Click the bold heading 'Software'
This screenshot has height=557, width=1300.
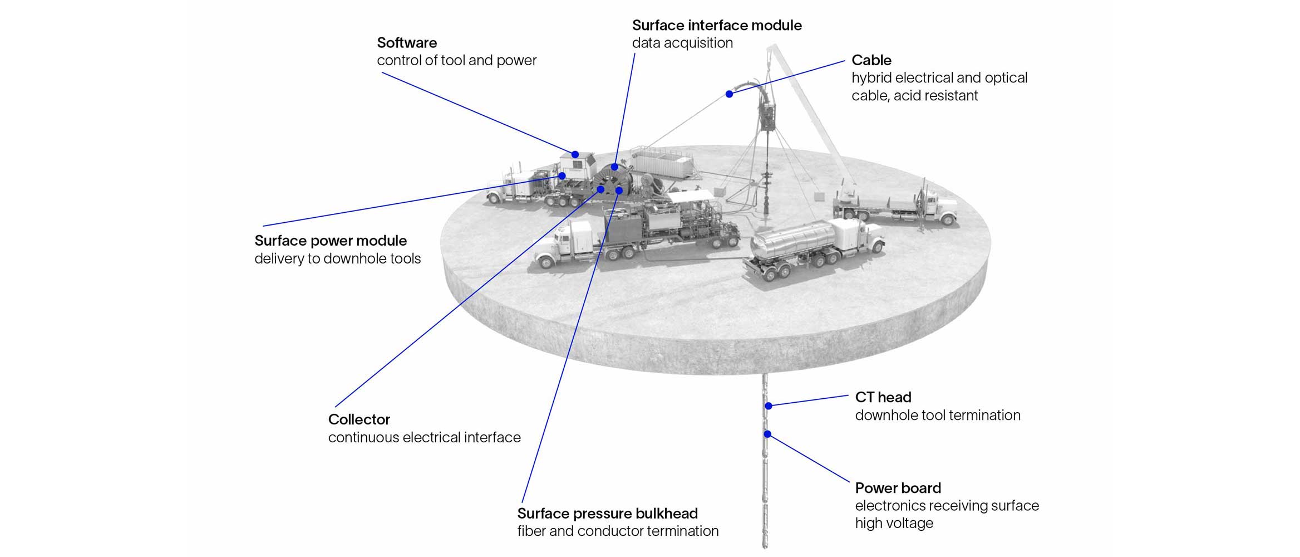pos(407,43)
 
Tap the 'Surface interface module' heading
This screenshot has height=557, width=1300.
pos(717,25)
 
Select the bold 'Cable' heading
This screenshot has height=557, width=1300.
pos(871,60)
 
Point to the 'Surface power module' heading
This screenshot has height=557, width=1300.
pos(331,241)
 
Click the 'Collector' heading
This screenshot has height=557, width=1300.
pos(359,419)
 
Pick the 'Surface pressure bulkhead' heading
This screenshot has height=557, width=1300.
pos(607,513)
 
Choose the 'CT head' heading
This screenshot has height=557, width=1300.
pos(883,397)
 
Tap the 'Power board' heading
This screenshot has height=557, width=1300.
pos(898,488)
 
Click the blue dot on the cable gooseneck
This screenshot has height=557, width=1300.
pos(729,94)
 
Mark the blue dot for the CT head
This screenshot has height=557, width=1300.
pos(768,406)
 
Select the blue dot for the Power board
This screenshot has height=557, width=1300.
pos(767,434)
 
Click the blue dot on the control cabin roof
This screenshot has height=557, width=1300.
pos(575,154)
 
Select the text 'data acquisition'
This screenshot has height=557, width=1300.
pos(682,43)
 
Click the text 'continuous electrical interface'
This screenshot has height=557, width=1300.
pos(424,437)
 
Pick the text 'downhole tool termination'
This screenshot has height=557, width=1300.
pos(937,415)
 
